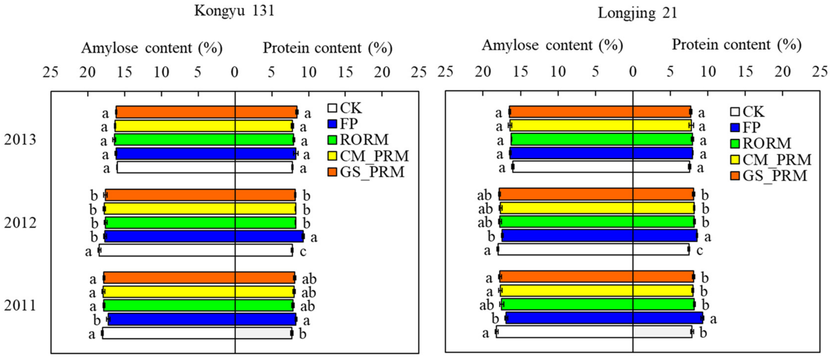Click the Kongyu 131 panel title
coord(234,11)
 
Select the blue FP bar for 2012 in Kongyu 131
coord(204,236)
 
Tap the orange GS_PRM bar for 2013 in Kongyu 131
coord(206,112)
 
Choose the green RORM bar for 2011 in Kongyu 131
coord(199,305)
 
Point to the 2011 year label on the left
coord(20,306)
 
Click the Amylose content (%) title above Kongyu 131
coord(152,48)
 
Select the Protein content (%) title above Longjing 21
coord(737,45)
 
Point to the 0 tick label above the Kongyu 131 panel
coord(235,72)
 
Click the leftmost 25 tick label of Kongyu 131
coord(51,72)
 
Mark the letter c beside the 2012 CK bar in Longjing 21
coord(699,250)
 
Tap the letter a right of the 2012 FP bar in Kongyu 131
coord(314,238)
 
